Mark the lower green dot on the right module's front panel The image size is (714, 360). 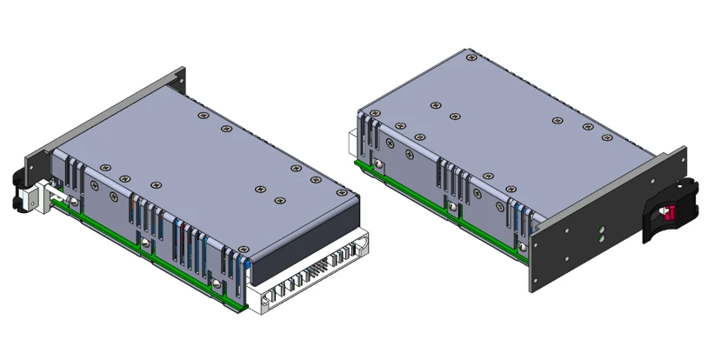(601, 237)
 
